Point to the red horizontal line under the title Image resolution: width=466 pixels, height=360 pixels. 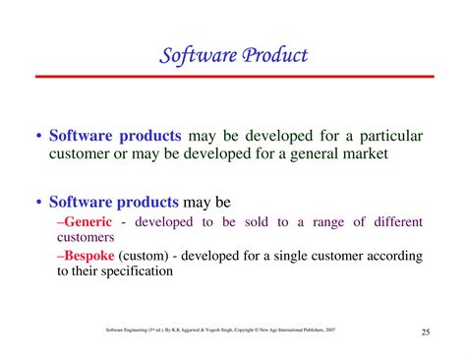coord(232,77)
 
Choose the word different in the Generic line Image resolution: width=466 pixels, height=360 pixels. coord(390,222)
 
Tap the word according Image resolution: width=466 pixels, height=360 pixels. coord(392,256)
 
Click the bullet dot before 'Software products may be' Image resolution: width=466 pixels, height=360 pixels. coord(38,203)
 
